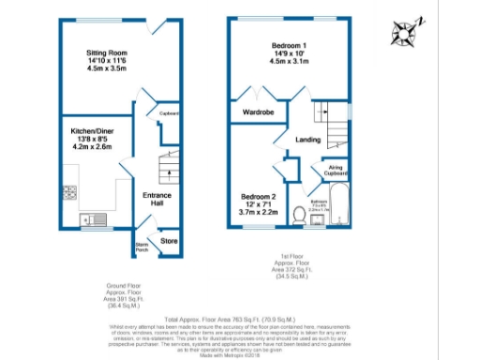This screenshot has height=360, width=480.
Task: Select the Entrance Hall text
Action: pos(157,198)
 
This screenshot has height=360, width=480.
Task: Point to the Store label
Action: pos(168,241)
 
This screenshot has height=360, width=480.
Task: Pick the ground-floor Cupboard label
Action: pos(170,114)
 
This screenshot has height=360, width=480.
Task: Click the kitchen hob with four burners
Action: pos(69,194)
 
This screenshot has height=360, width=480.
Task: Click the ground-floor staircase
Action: pos(167,170)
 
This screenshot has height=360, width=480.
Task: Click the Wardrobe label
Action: pos(259,112)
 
